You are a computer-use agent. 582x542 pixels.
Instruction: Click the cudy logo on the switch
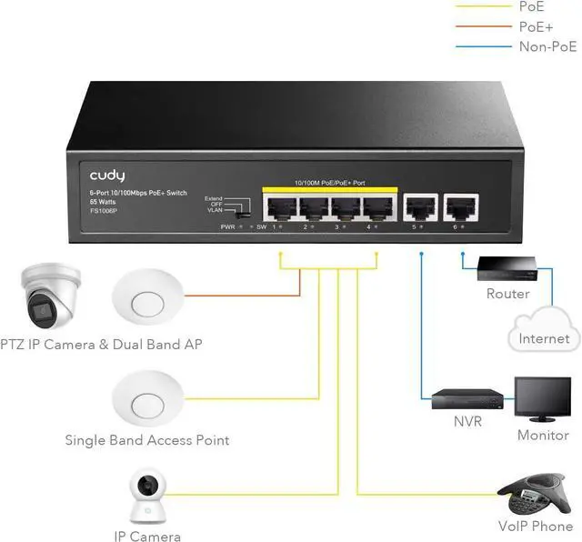click(106, 174)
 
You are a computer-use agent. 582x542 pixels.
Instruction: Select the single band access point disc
click(146, 397)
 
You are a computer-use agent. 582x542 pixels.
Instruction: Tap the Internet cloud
click(544, 334)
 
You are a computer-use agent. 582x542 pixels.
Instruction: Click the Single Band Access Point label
click(146, 440)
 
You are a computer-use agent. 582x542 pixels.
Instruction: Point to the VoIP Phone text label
click(536, 526)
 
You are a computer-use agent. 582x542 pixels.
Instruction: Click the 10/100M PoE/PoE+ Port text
click(329, 183)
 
